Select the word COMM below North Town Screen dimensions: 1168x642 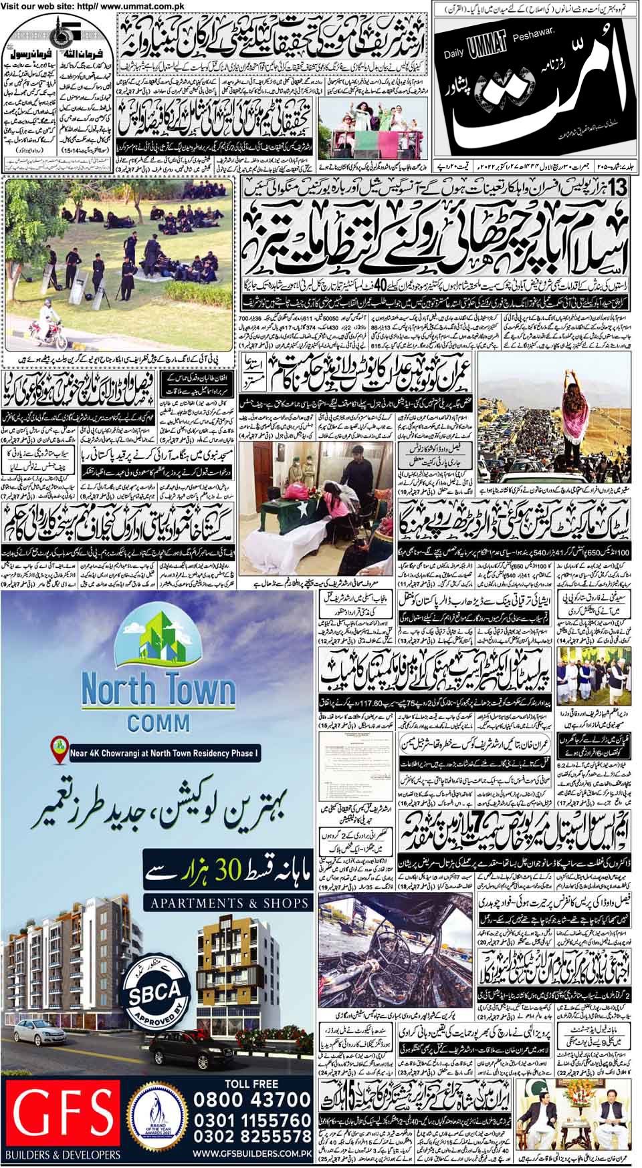click(x=158, y=723)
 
